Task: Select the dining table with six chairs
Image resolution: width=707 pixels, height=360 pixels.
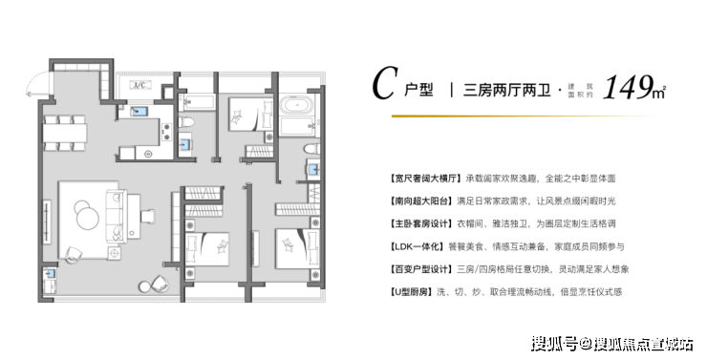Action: (x=65, y=133)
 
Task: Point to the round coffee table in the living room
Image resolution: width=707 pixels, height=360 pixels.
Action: (x=86, y=216)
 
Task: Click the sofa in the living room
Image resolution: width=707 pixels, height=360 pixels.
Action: (x=115, y=215)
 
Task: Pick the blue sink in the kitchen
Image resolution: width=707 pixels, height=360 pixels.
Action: (x=138, y=112)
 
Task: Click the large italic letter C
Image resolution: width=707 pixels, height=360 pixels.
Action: (x=385, y=83)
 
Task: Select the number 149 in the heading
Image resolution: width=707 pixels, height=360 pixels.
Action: (x=627, y=87)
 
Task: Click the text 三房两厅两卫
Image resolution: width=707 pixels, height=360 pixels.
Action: (x=507, y=90)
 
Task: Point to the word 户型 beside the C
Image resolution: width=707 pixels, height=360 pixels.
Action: (x=418, y=89)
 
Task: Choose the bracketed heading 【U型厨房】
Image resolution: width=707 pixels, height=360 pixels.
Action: (x=412, y=292)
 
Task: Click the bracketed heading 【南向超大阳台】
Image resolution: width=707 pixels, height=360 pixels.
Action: (x=420, y=201)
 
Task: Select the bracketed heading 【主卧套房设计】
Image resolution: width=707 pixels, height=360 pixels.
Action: (x=420, y=224)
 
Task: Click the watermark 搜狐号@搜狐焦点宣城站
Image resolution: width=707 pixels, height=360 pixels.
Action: (x=611, y=344)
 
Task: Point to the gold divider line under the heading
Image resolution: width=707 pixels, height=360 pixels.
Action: (x=523, y=116)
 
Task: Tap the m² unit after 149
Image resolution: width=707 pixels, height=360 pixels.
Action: (x=659, y=92)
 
